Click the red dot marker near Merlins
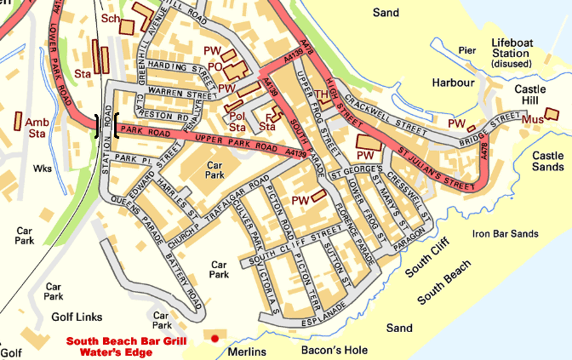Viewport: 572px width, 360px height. pos(215,339)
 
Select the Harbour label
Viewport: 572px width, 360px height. pos(451,83)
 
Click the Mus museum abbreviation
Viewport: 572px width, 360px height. pos(531,121)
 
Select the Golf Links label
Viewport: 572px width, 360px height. pos(77,317)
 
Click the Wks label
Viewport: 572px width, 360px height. pos(42,169)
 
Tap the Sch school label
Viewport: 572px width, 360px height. pos(110,18)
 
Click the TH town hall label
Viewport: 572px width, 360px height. pos(322,94)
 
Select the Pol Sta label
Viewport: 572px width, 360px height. pos(236,122)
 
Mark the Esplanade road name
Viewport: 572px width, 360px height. pos(322,312)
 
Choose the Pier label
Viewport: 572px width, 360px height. pos(466,50)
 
